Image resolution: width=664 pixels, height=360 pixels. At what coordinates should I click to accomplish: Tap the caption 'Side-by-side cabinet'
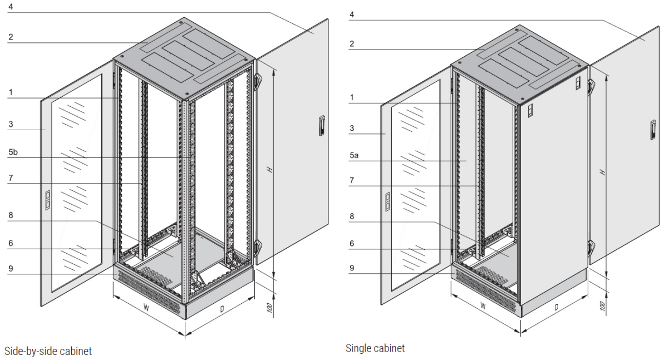tap(48, 351)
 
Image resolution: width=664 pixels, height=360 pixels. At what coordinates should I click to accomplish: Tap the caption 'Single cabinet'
tap(375, 348)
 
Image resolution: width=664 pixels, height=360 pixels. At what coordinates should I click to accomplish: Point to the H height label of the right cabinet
tap(603, 172)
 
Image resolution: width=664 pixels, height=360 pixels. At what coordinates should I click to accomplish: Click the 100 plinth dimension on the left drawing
tap(269, 308)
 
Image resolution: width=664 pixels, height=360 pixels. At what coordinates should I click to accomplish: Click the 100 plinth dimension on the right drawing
tap(602, 305)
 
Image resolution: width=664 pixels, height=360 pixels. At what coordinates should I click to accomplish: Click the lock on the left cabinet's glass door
tap(47, 200)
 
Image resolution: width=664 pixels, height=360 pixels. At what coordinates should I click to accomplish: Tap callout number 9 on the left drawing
tap(11, 268)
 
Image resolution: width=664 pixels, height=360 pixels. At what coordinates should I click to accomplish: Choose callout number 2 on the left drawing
tap(11, 37)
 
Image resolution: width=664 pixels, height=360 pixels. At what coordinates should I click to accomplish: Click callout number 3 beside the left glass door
tap(11, 124)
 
